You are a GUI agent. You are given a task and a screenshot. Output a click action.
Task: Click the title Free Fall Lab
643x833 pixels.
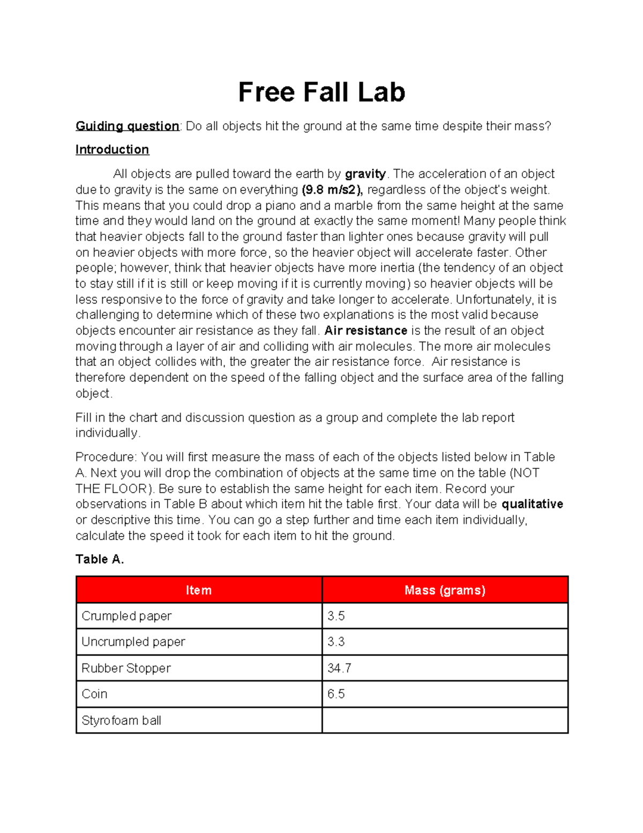coord(322,92)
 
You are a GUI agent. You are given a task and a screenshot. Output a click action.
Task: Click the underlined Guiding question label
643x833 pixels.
coord(128,126)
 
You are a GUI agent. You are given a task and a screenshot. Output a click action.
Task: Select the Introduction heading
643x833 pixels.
coord(112,150)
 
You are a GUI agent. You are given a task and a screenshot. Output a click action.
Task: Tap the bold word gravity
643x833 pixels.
coord(365,174)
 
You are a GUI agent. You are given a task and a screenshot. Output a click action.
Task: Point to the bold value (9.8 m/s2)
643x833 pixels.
coord(332,190)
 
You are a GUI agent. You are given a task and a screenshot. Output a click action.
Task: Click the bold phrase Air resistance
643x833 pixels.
coord(365,330)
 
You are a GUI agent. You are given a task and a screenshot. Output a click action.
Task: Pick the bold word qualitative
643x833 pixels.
coord(532,504)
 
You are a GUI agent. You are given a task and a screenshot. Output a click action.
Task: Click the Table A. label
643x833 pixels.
coord(100,559)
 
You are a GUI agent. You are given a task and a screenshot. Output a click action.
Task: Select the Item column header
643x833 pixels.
coord(199,590)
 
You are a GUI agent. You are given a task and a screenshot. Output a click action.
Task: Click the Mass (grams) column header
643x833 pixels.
coord(445,590)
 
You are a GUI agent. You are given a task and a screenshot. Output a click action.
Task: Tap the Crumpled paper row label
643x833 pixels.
coord(126,616)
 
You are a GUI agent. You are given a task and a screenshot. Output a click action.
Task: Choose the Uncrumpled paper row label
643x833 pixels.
coord(133,642)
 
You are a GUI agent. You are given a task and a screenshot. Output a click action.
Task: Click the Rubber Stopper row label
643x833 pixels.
coord(126,668)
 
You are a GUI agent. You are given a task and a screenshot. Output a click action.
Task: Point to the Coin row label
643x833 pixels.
coord(94,694)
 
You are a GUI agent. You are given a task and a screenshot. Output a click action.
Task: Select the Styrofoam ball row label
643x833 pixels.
coord(121,720)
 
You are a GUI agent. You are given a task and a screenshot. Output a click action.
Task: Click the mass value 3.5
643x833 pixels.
coord(336,616)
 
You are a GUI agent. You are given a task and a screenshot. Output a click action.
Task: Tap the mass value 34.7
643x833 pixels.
coord(339,668)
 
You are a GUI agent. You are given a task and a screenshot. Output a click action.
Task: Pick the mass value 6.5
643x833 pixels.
coord(336,694)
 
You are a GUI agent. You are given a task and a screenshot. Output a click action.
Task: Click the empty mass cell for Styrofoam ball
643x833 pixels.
coord(445,720)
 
